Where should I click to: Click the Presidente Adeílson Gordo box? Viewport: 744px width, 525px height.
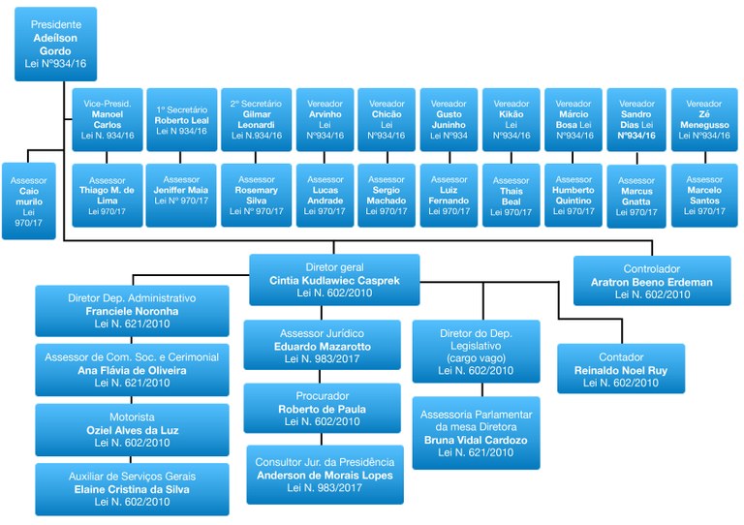pos(55,44)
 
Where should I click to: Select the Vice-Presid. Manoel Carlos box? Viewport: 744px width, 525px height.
pos(108,119)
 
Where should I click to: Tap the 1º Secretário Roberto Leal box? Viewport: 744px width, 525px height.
pos(181,119)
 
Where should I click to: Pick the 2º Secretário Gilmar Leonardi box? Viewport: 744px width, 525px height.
pos(256,119)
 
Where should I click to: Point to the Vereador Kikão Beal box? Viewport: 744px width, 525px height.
pos(511,119)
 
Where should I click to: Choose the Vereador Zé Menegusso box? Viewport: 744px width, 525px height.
pos(704,119)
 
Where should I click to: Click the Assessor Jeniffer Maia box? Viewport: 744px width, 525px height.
pos(181,195)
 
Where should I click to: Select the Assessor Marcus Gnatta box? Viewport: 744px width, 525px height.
pos(636,196)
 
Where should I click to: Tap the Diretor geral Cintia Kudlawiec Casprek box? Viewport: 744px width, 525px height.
pos(334,279)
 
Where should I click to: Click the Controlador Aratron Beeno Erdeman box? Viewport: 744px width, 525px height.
pos(652,281)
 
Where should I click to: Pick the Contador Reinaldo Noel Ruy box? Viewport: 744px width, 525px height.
pos(621,369)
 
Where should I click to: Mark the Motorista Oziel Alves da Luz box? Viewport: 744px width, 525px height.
pos(132,429)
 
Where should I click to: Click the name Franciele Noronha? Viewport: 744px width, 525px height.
pos(132,312)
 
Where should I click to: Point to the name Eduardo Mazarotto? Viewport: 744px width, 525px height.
pos(322,346)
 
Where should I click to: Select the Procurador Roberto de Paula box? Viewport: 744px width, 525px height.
pos(322,408)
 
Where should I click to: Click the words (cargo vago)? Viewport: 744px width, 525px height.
pos(476,357)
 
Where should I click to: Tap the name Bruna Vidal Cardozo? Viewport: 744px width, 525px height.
pos(476,440)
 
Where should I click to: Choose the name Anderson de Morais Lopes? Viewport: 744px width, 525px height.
pos(325,475)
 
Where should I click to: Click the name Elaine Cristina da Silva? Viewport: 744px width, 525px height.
pos(132,489)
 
